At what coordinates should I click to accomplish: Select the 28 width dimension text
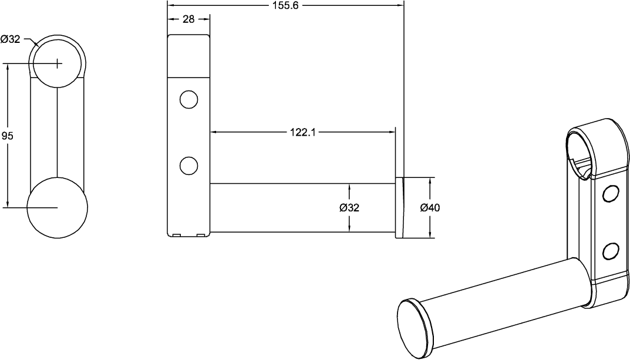click(188, 19)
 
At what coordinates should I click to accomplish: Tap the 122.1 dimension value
click(303, 132)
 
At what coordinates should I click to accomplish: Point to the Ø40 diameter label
click(430, 207)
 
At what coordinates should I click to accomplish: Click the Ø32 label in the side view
click(349, 207)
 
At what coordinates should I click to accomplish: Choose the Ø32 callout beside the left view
click(11, 39)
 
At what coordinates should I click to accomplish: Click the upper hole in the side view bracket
click(188, 99)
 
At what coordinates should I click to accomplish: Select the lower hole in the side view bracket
click(188, 166)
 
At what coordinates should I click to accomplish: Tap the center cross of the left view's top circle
click(57, 63)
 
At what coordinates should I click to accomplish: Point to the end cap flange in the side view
click(399, 207)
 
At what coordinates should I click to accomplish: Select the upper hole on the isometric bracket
click(611, 193)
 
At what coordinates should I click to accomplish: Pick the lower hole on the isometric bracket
click(611, 251)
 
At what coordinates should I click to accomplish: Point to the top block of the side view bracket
click(188, 56)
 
